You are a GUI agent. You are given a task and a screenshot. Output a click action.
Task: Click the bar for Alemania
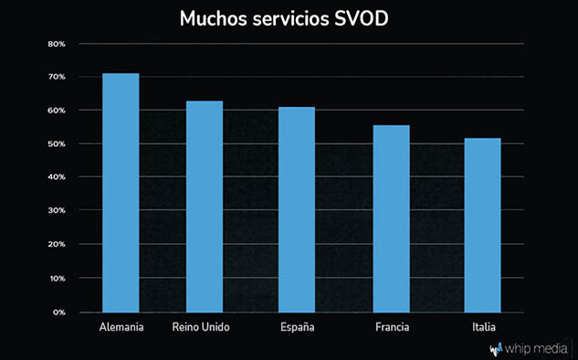coord(121,193)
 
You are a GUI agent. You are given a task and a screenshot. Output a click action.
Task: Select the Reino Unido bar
coord(205,206)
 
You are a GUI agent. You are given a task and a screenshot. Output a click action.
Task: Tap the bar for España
coord(297,209)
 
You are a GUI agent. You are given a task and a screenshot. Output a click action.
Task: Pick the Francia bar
coord(391,218)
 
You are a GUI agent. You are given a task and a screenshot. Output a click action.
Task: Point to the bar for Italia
coord(482,226)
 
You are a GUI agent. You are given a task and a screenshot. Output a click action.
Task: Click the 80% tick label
coord(57,44)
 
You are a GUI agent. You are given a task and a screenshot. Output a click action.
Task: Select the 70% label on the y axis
coord(57,77)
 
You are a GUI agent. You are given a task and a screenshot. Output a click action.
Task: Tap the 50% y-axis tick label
coord(57,143)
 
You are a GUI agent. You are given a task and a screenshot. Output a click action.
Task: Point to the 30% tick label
coord(57,210)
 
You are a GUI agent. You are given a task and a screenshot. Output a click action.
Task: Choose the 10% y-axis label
coord(57,278)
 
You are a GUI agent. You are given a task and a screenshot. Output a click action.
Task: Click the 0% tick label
coord(59,312)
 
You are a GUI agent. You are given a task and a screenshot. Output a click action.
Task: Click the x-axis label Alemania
coord(121,327)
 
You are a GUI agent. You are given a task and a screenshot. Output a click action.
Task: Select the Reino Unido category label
coord(201,327)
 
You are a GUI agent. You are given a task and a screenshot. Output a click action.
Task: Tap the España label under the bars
coord(298,327)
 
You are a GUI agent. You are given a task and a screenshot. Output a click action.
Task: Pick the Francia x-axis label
coord(393,327)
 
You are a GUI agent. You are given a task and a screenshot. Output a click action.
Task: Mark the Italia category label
coord(484,327)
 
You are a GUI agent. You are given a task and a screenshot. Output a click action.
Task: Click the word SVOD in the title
coord(362,18)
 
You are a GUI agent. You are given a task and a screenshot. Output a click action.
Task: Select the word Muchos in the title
coord(214,18)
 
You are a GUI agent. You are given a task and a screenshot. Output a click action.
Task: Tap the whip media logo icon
coord(496,349)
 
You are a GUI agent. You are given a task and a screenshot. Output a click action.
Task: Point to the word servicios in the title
coord(290,18)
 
